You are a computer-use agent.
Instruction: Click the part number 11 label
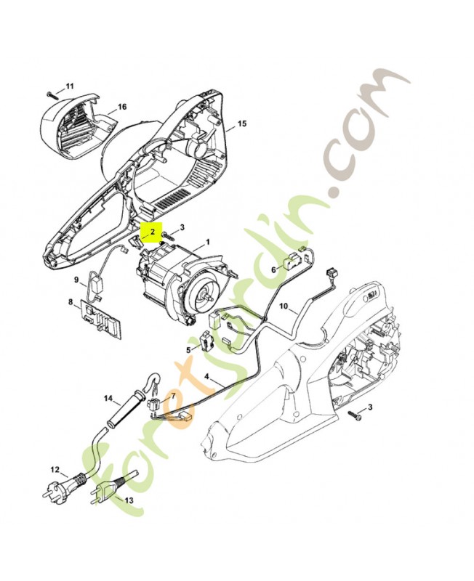(x=70, y=87)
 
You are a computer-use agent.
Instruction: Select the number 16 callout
(x=121, y=107)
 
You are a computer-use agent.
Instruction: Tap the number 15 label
(x=242, y=124)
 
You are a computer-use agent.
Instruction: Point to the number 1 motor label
(x=207, y=242)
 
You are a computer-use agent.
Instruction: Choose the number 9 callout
(x=76, y=280)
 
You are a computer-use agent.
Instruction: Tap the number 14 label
(x=108, y=398)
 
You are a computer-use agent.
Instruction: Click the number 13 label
(x=129, y=500)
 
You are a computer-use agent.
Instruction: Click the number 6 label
(x=274, y=269)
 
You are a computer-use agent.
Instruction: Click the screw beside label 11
(x=49, y=93)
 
